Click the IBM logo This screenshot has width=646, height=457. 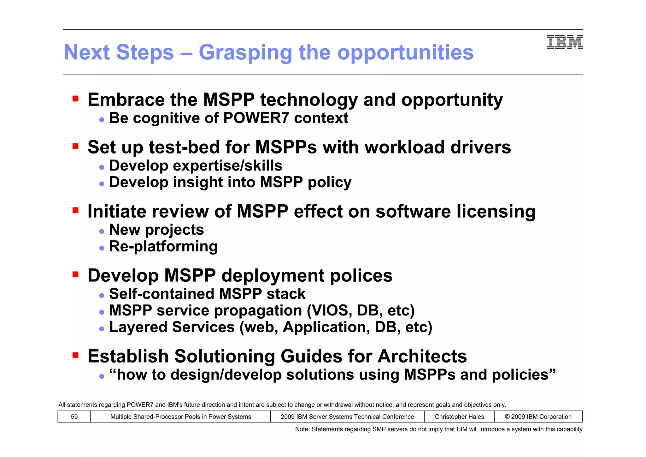[x=565, y=42]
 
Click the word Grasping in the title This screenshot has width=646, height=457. [x=245, y=52]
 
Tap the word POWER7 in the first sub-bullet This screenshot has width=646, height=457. [x=256, y=118]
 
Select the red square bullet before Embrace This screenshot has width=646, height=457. [x=75, y=99]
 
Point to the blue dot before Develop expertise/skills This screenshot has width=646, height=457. [x=102, y=167]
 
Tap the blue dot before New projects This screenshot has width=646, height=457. [x=102, y=232]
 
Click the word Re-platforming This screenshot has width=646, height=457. [x=163, y=247]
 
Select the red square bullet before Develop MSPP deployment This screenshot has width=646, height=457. [x=75, y=274]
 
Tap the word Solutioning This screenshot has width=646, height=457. [x=225, y=357]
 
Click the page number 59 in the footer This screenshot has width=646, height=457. [x=74, y=417]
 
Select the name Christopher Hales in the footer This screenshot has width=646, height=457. [x=459, y=417]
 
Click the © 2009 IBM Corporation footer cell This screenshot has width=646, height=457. [x=538, y=417]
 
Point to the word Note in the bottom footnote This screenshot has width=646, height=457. [x=302, y=429]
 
